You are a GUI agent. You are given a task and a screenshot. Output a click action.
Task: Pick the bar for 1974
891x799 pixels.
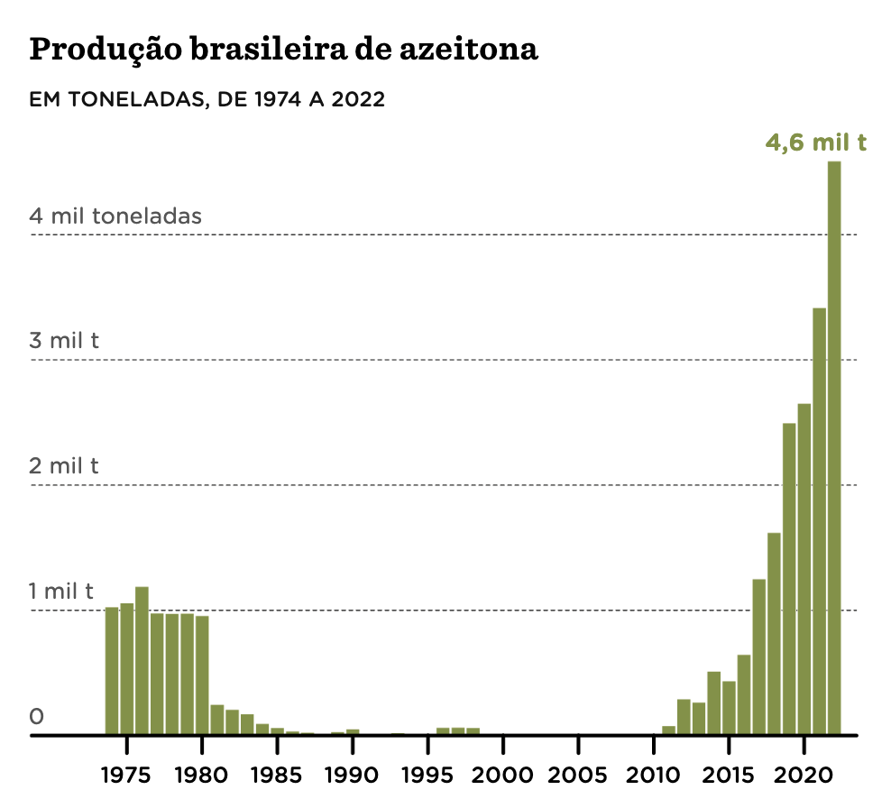[x=112, y=671]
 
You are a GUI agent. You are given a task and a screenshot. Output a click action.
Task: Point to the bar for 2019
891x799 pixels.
[x=789, y=578]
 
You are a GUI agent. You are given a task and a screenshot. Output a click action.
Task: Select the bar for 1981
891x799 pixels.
[x=216, y=720]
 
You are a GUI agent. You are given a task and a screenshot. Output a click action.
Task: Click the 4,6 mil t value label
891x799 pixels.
[x=815, y=142]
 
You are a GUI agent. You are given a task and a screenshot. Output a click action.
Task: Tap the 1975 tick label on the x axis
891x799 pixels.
[x=126, y=775]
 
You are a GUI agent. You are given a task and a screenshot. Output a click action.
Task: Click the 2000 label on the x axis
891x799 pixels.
[x=502, y=775]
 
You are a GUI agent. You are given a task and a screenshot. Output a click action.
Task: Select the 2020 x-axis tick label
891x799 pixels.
[x=804, y=775]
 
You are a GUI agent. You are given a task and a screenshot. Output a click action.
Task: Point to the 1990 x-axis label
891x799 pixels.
[x=352, y=775]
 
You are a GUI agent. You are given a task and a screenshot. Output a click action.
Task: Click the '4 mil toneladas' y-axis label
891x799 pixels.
[x=115, y=216]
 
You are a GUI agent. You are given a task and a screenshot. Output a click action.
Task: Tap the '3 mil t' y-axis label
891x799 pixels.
[x=64, y=341]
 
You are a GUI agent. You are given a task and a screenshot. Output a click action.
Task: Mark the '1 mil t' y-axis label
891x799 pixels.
[x=61, y=592]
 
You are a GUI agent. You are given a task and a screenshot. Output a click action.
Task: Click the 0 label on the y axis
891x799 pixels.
[x=37, y=717]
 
